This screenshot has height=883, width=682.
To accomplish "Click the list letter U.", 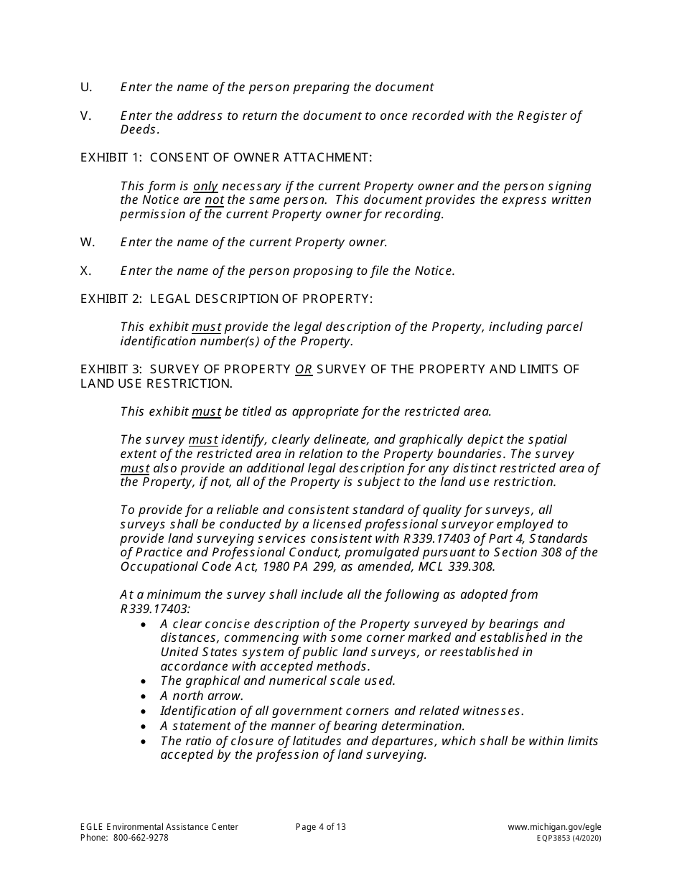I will click(86, 87).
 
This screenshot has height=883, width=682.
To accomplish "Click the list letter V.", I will click(86, 116).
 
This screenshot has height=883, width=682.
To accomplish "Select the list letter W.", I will click(88, 242).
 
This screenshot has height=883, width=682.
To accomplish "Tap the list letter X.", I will click(86, 271).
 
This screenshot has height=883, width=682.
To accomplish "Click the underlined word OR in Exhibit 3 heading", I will click(304, 369).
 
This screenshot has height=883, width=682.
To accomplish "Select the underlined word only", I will click(205, 186).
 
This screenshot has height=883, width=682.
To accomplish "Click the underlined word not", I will click(214, 200).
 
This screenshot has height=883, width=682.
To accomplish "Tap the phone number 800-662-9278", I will click(140, 838).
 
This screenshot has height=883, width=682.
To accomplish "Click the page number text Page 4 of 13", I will click(321, 827).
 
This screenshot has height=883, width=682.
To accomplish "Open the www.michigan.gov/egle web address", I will click(554, 827).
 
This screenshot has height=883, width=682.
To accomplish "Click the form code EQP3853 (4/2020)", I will click(564, 838).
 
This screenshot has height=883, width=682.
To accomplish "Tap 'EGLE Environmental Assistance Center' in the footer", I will click(159, 827).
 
